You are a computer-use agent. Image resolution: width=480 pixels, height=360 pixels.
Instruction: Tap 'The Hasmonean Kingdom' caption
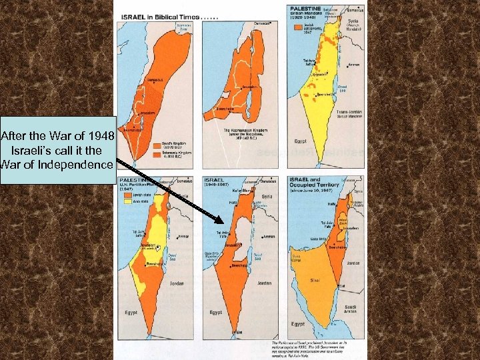point(246,130)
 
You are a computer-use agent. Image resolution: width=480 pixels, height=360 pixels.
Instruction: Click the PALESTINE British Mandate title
point(305,11)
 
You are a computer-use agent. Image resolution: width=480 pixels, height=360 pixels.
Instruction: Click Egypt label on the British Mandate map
point(301,141)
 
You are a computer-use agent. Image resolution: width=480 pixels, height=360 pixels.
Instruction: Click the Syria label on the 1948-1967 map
point(267,196)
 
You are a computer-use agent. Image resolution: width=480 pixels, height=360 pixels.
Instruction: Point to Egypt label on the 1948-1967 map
point(215,312)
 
